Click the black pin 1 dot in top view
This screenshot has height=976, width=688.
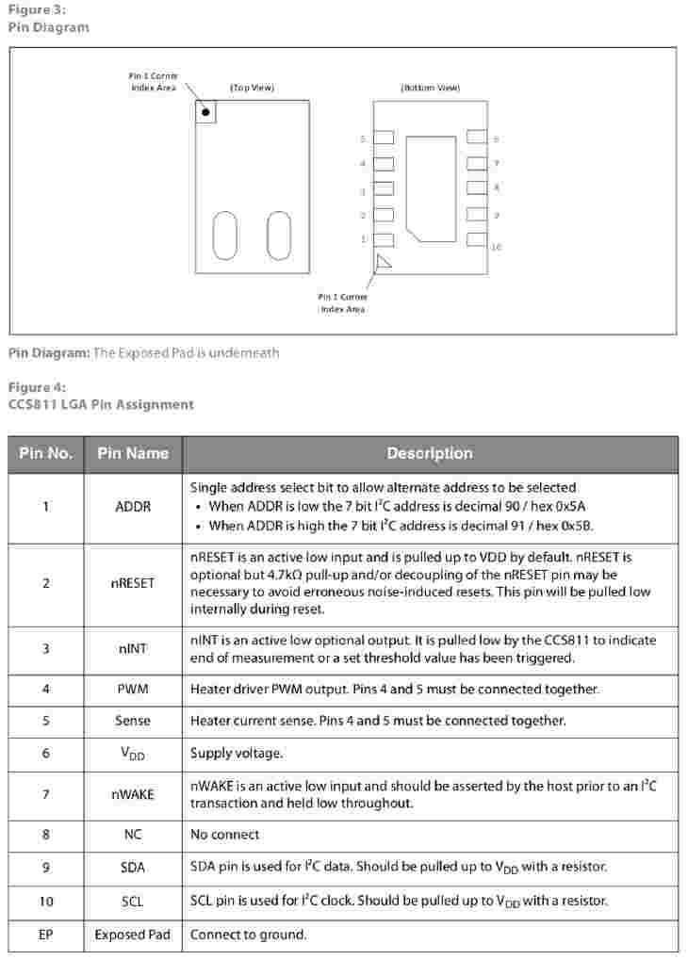coord(205,112)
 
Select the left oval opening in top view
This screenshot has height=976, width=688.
coord(225,235)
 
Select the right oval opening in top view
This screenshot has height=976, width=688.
coord(279,235)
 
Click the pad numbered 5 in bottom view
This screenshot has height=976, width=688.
coord(384,138)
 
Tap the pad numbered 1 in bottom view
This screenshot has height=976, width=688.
coord(384,240)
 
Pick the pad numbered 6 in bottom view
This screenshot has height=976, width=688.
coord(477,138)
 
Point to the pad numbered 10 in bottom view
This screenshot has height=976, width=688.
coord(477,240)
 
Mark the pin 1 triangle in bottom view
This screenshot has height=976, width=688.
coord(383,263)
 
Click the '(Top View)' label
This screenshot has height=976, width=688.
coord(252,88)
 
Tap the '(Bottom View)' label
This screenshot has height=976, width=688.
coord(431,88)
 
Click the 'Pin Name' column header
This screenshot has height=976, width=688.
coord(133,453)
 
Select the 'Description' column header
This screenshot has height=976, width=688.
coord(430,453)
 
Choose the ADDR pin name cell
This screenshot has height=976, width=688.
coord(133,507)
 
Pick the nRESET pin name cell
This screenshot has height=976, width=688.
coord(133,583)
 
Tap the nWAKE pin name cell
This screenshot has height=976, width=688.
coord(133,794)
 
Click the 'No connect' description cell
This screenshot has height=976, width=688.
coord(225,835)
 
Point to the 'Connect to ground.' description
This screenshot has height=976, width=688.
coord(249,935)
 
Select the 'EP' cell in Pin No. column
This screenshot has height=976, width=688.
coord(46,935)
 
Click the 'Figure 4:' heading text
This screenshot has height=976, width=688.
coord(37,388)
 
